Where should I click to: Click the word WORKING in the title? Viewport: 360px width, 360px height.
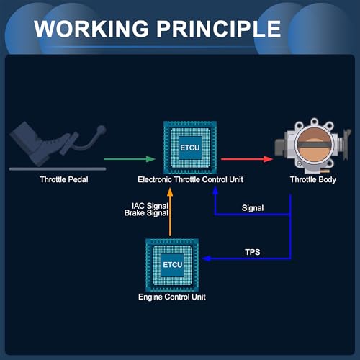click(x=91, y=29)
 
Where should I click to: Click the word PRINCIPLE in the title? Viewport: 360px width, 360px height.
click(x=219, y=29)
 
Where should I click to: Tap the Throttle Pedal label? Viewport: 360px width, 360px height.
click(x=64, y=179)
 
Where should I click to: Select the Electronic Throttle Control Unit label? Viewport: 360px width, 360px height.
click(x=190, y=179)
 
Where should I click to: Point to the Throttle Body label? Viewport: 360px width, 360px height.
click(x=313, y=180)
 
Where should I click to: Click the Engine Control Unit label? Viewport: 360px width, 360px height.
click(x=172, y=297)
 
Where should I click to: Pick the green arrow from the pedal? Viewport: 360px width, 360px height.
click(x=130, y=159)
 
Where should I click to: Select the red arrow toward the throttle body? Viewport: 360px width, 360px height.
click(x=247, y=159)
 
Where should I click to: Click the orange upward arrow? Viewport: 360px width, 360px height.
click(x=170, y=212)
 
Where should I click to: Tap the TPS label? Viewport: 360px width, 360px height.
click(x=253, y=252)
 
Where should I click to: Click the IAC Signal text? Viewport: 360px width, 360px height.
click(x=150, y=206)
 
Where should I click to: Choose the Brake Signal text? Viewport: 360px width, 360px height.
click(x=146, y=213)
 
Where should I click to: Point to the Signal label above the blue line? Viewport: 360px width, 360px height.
click(x=253, y=208)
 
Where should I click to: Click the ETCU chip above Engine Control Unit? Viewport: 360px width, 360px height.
click(x=172, y=265)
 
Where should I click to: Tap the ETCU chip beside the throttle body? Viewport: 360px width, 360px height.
click(x=190, y=148)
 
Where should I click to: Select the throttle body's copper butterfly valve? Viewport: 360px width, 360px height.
click(x=315, y=144)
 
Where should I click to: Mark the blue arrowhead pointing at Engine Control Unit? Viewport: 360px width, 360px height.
click(x=207, y=258)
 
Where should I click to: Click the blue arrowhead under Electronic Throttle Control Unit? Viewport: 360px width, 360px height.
click(x=215, y=191)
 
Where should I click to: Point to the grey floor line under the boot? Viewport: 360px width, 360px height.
click(x=58, y=169)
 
